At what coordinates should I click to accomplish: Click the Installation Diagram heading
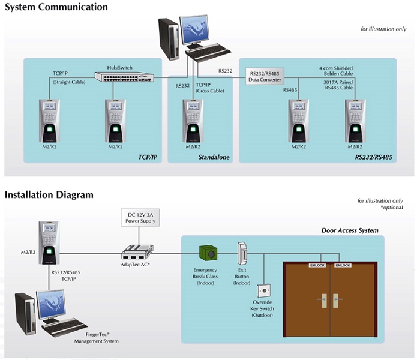pos(49,194)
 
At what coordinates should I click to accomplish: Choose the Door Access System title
pos(350,230)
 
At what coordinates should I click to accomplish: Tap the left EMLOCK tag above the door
pos(317,265)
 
